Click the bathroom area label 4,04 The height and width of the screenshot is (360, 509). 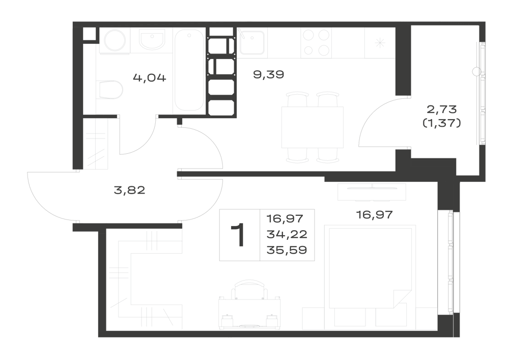click(149, 78)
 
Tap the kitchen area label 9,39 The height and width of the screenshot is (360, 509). click(268, 75)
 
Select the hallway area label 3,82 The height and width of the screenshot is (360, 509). click(129, 190)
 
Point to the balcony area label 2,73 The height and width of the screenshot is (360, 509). click(442, 109)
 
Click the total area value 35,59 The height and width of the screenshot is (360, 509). click(287, 250)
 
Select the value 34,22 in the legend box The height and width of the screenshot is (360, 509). click(287, 234)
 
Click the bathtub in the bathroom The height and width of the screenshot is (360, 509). click(189, 70)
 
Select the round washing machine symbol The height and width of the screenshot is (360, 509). click(115, 40)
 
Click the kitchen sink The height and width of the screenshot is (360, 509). click(251, 42)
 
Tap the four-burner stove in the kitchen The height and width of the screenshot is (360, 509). click(317, 42)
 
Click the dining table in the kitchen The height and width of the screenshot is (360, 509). click(313, 127)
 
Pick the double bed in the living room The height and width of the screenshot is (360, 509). click(370, 268)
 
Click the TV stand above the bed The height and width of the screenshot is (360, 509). click(372, 192)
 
